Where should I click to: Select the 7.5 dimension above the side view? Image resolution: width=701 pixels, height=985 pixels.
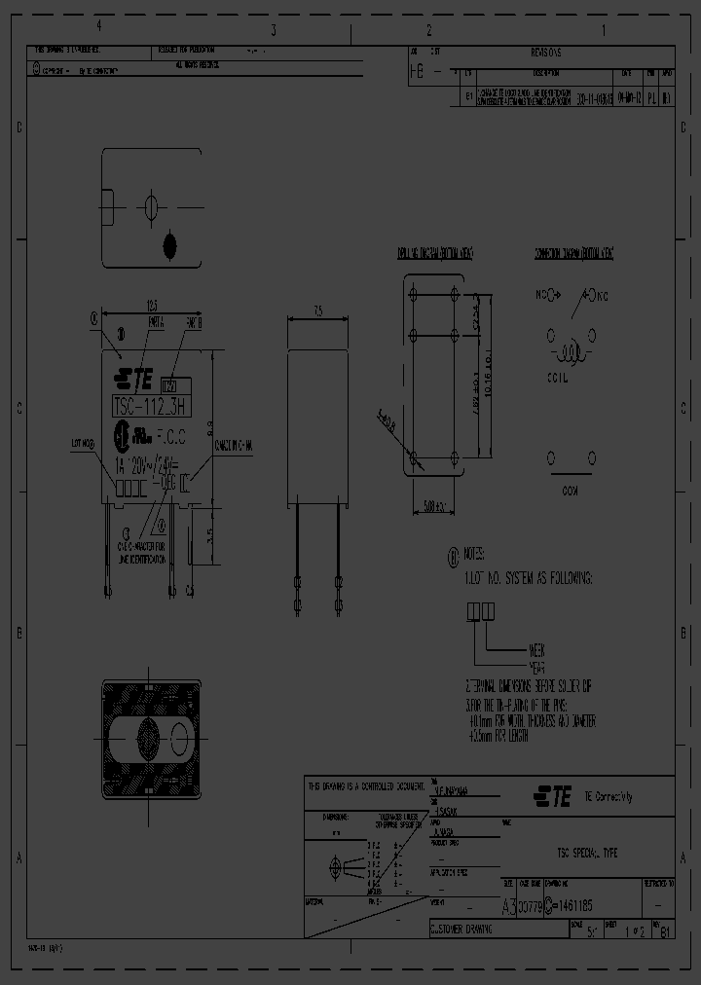pos(318,310)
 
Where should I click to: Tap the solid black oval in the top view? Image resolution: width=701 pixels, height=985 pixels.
pos(171,244)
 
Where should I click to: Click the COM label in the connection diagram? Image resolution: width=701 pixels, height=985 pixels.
pos(570,492)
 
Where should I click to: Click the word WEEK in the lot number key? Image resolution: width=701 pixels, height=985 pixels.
pos(536,647)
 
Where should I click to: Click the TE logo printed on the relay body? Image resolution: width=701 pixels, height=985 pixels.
pos(134,377)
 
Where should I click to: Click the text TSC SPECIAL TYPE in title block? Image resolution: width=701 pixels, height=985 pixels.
pos(587,853)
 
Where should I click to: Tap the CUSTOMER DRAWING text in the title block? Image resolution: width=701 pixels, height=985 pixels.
pos(461,930)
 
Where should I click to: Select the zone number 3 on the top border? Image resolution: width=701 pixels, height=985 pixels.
pos(272,29)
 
